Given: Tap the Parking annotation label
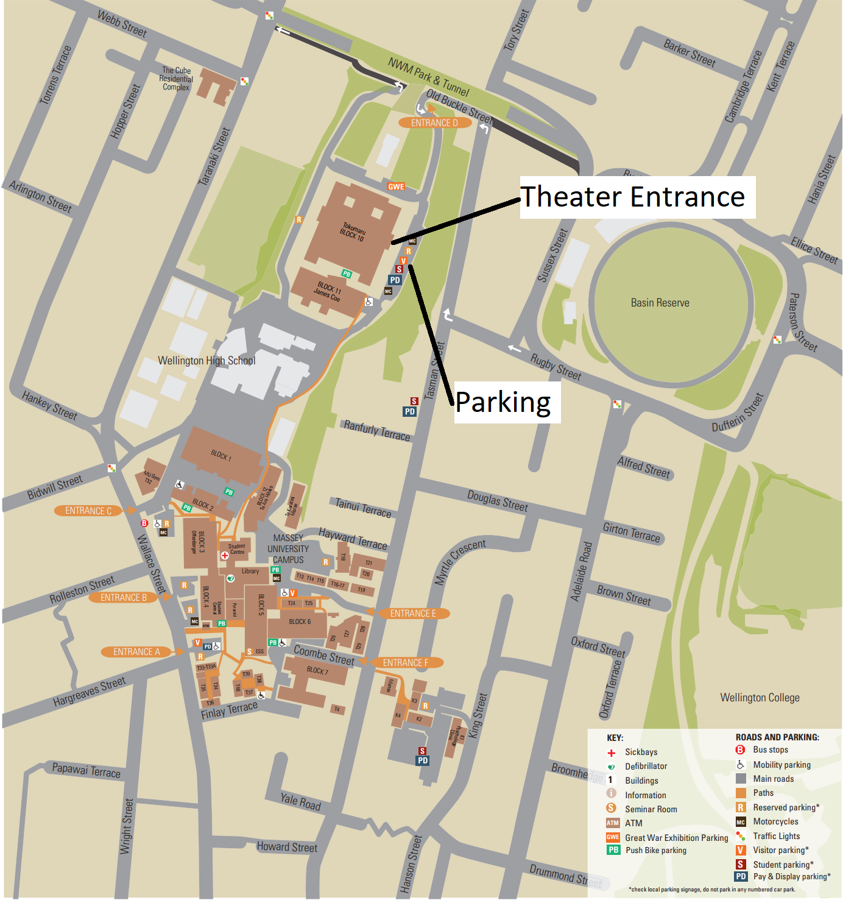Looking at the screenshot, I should (x=504, y=403).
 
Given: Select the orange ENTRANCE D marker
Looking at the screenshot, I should (x=435, y=123).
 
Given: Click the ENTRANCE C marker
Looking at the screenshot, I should (x=88, y=511).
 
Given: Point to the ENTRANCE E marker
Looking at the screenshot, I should (x=413, y=614).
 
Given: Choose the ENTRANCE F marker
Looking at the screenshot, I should (x=406, y=663).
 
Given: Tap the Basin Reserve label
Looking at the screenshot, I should (x=660, y=303).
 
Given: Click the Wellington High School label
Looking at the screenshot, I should (x=206, y=361).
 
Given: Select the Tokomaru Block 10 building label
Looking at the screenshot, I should (x=353, y=232).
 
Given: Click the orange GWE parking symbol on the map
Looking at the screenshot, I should (x=396, y=186).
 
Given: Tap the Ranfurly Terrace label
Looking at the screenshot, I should (x=376, y=430).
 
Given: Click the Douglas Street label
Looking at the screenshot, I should (x=497, y=501).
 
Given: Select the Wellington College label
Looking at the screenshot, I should (x=760, y=698).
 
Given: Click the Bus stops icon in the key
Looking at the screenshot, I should (x=741, y=750).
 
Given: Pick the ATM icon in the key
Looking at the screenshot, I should (x=613, y=823).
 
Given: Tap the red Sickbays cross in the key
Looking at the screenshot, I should (x=612, y=753).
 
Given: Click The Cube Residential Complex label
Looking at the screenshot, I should (x=176, y=79).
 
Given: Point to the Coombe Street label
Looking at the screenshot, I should (x=324, y=656).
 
